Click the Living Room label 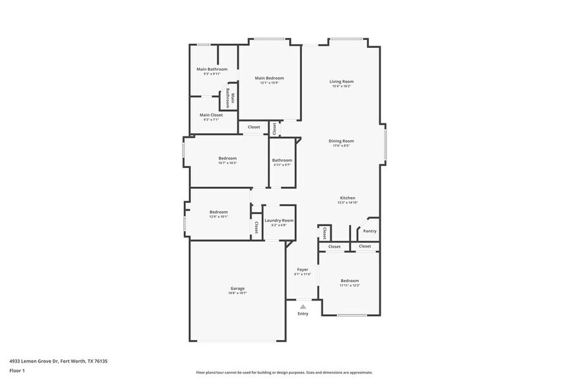point(342,81)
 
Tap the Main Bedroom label point(269,78)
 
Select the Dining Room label point(341,141)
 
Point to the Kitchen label point(347,198)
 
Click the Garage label point(237,289)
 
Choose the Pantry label point(370,231)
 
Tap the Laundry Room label point(279,220)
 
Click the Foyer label point(303,269)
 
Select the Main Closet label point(211,115)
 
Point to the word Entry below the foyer point(303,314)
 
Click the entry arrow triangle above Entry point(303,307)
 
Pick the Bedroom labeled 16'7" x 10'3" point(227,158)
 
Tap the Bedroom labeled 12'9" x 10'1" point(218,212)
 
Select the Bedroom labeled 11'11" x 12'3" point(350,280)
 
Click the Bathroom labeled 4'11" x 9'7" point(282,160)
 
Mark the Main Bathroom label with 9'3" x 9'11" point(212,69)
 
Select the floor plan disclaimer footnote point(284,372)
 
